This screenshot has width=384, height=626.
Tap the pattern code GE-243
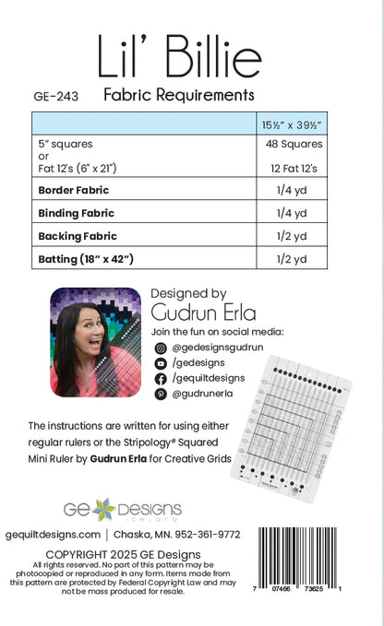[x=52, y=95]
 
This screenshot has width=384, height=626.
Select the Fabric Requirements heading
[x=178, y=94]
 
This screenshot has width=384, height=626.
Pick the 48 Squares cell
[x=293, y=145]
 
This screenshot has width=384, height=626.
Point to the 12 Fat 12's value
[x=293, y=169]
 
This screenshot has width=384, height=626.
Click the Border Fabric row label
[x=73, y=190]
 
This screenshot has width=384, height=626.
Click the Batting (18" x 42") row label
[x=86, y=259]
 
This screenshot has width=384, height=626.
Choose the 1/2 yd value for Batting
[x=293, y=259]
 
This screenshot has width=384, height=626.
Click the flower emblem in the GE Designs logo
[x=102, y=508]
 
